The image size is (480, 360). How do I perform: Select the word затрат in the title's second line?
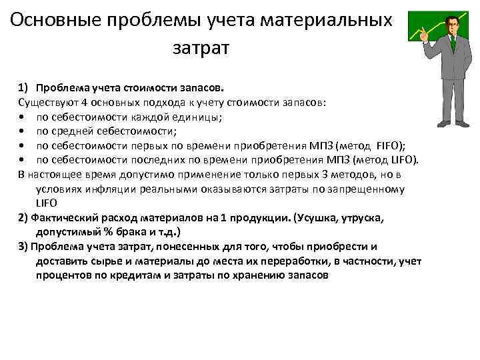tap(200, 49)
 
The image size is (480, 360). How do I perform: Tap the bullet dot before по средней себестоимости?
tap(22, 131)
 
